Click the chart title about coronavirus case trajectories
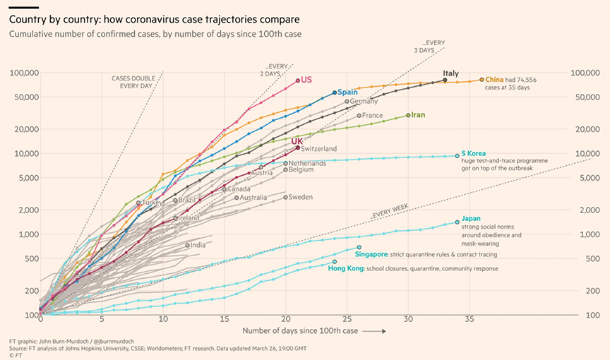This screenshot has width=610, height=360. click(154, 20)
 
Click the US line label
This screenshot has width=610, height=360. click(306, 80)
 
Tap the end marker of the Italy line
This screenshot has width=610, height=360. click(445, 80)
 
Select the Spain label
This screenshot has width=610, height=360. click(347, 92)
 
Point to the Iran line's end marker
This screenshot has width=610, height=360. click(408, 115)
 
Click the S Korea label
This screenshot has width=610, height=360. click(474, 153)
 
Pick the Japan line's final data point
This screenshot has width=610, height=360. click(457, 222)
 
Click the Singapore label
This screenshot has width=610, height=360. click(371, 254)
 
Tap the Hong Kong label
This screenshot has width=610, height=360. click(346, 268)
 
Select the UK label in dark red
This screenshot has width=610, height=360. click(297, 141)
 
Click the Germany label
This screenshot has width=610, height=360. click(364, 102)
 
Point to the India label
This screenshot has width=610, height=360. click(198, 245)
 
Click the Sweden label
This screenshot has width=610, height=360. click(300, 197)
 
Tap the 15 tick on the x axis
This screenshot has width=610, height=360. click(225, 319)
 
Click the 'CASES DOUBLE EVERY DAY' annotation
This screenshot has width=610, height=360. click(133, 82)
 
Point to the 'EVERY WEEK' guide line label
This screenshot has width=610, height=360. click(389, 212)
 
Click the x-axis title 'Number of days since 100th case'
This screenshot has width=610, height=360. click(300, 331)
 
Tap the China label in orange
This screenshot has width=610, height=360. click(494, 80)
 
